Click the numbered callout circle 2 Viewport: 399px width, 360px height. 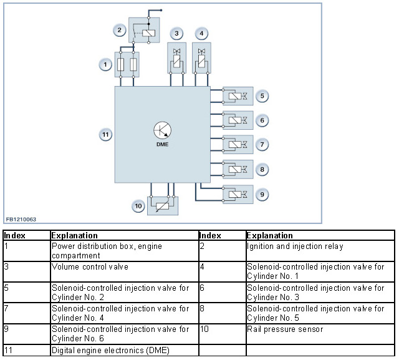119,30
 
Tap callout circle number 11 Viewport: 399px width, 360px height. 105,134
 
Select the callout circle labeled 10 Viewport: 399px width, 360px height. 138,206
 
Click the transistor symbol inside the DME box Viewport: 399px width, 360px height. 162,130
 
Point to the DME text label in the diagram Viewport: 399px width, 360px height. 162,144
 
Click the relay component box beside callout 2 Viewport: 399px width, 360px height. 144,30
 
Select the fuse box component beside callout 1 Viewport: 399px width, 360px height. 127,64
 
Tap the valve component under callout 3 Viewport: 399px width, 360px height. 176,58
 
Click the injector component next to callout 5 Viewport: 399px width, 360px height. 238,96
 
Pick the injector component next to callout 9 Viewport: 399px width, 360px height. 238,194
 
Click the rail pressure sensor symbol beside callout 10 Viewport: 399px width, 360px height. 163,206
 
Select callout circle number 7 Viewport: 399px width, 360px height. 262,144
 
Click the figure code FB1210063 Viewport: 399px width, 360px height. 21,219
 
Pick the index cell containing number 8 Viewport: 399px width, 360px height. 223,313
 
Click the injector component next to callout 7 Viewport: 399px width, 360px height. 238,144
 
